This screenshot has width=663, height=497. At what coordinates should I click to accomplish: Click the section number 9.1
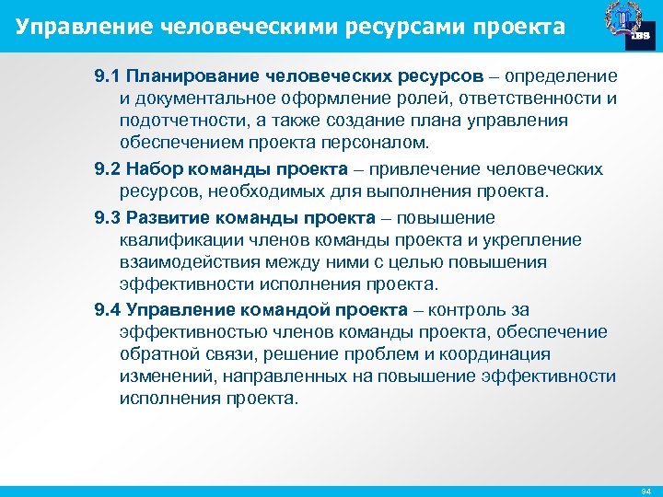click(x=108, y=75)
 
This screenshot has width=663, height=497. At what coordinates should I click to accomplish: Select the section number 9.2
click(x=108, y=169)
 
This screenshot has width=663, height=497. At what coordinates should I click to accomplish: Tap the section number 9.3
click(x=108, y=218)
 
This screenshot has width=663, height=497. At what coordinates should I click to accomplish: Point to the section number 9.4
click(x=108, y=310)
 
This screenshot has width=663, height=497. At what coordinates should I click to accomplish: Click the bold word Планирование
click(x=190, y=75)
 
